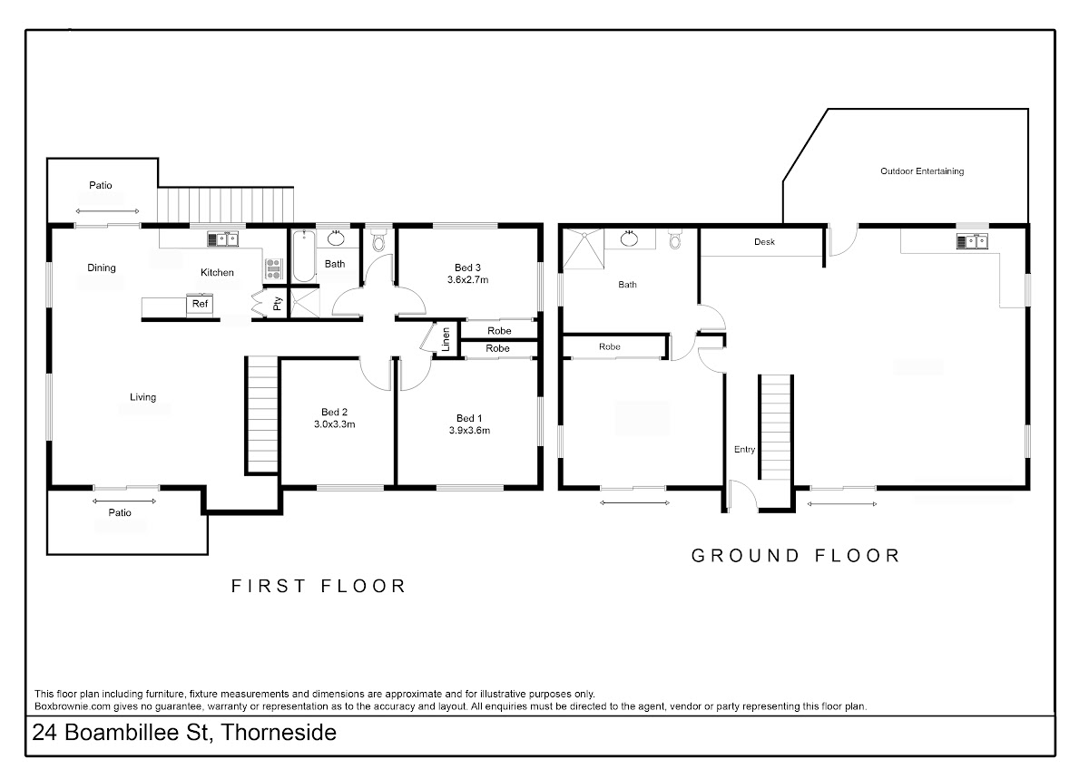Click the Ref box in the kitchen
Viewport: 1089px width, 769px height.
[x=200, y=304]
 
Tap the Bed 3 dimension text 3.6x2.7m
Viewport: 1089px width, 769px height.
[x=467, y=280]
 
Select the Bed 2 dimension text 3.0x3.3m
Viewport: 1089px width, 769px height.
[x=335, y=424]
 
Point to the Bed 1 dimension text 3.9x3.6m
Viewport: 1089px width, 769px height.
[x=469, y=431]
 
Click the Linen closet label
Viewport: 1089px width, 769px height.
[x=446, y=339]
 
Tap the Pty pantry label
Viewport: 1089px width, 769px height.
[x=277, y=304]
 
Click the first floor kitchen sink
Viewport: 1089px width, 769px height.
[x=223, y=239]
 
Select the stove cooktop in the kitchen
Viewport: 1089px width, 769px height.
[x=274, y=269]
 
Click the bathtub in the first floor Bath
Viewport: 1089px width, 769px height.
[x=304, y=256]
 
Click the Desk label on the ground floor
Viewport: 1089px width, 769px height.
[x=764, y=242]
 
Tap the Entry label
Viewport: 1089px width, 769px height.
[x=744, y=450]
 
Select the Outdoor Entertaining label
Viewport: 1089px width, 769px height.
[x=922, y=171]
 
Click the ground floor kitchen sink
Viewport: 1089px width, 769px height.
[x=972, y=241]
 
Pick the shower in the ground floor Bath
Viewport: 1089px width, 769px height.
[x=584, y=248]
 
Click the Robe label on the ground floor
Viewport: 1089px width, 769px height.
[x=610, y=346]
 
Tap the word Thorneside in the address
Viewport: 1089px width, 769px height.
[x=279, y=733]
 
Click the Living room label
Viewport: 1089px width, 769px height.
[x=143, y=397]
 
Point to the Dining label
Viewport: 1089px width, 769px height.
[x=102, y=268]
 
